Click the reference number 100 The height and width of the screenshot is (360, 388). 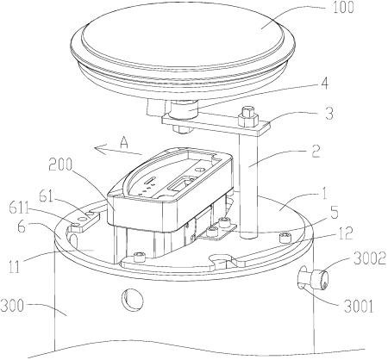pos(343,8)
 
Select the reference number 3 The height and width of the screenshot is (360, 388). pos(329,113)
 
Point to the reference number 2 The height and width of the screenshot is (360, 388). pos(316,152)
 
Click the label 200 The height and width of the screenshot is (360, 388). pos(60,164)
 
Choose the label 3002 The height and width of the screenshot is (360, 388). pos(370,259)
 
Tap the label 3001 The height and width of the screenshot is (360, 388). pos(359,307)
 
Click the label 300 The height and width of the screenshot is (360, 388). pos(12,305)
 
